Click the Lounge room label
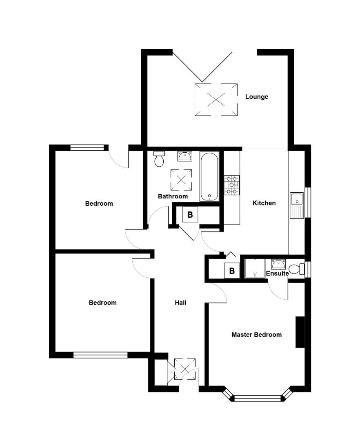[x=256, y=97]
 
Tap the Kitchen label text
[x=264, y=203]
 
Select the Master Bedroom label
[x=256, y=335]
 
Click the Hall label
[x=180, y=303]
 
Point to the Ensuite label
[x=277, y=273]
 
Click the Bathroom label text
[x=173, y=196]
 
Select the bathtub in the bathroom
[x=209, y=176]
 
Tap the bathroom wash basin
[x=184, y=156]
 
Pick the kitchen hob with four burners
[x=231, y=185]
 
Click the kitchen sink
[x=297, y=205]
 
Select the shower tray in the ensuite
[x=255, y=268]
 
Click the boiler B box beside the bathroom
[x=190, y=214]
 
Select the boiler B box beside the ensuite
[x=232, y=271]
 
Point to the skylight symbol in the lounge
[x=216, y=100]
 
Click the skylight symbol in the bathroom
[x=181, y=180]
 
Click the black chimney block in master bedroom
[x=300, y=332]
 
